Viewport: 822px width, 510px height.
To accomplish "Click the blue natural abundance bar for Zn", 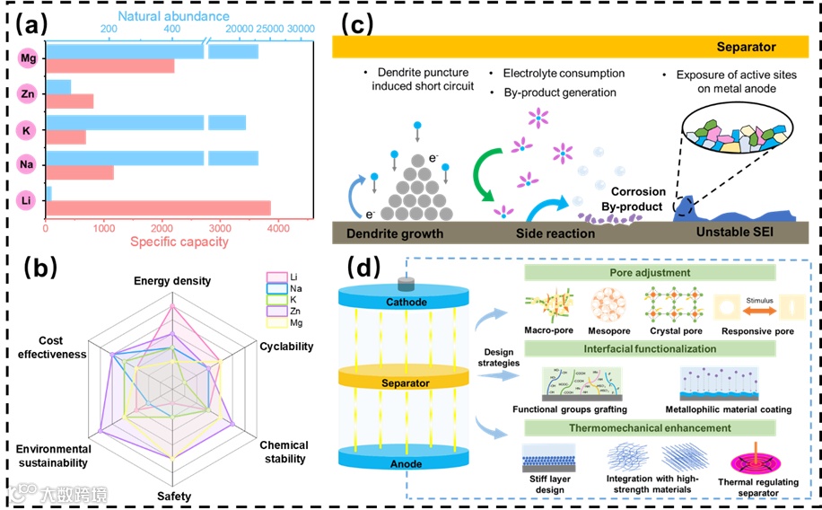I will [58, 86].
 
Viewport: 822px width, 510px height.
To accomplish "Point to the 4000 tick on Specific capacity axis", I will [280, 226].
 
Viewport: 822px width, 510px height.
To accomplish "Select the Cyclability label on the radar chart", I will [286, 347].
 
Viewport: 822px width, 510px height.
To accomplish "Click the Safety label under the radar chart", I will [173, 495].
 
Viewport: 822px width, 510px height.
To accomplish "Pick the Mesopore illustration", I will [608, 307].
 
